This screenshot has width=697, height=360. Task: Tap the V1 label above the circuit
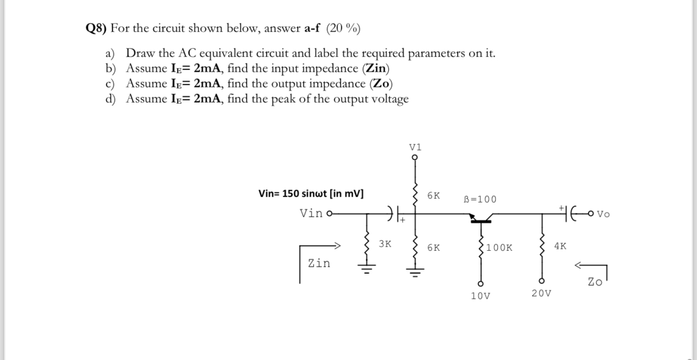tap(415, 147)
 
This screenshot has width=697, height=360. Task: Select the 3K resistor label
tap(385, 244)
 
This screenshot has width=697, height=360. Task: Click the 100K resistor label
tap(499, 248)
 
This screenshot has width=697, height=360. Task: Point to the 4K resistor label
tap(560, 246)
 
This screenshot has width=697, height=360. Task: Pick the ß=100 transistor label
tap(480, 199)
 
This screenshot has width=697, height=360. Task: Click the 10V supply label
tap(480, 296)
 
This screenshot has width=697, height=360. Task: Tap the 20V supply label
tap(541, 293)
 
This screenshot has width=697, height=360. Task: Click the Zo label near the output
tap(595, 282)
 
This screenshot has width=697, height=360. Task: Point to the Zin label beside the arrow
tap(319, 263)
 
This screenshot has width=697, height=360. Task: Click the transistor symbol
tap(481, 218)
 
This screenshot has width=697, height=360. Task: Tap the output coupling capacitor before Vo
tap(567, 214)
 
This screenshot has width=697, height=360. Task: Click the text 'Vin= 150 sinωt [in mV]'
tap(311, 194)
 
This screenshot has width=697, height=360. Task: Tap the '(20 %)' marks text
tap(343, 29)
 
